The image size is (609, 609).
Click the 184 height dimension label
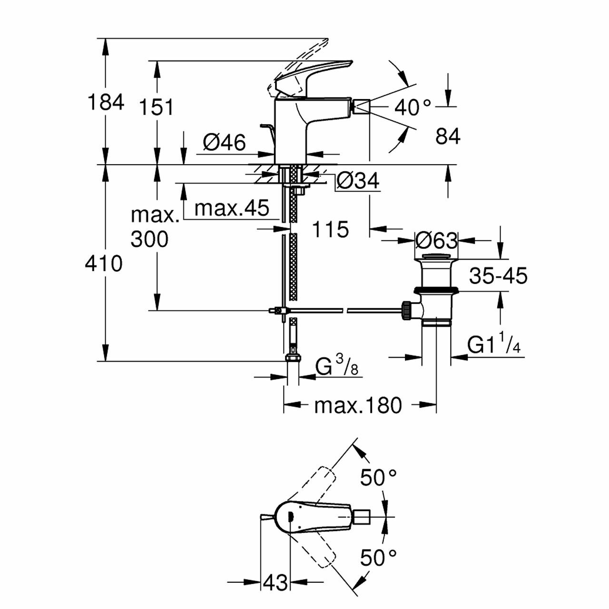tap(106, 102)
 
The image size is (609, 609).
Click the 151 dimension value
tap(157, 108)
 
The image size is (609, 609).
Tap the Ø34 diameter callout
tap(358, 181)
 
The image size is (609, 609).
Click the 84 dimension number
tap(448, 137)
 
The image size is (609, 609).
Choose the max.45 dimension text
tap(232, 208)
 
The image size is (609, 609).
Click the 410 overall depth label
tap(104, 263)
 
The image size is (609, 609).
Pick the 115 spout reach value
tap(331, 230)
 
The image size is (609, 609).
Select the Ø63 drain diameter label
tap(436, 241)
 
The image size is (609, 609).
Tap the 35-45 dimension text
tap(498, 275)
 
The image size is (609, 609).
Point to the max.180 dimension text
tap(358, 405)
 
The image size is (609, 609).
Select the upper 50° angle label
tap(378, 477)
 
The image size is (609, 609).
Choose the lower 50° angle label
tap(378, 557)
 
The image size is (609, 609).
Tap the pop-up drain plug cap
tap(436, 258)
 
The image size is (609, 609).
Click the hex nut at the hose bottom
tap(292, 358)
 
